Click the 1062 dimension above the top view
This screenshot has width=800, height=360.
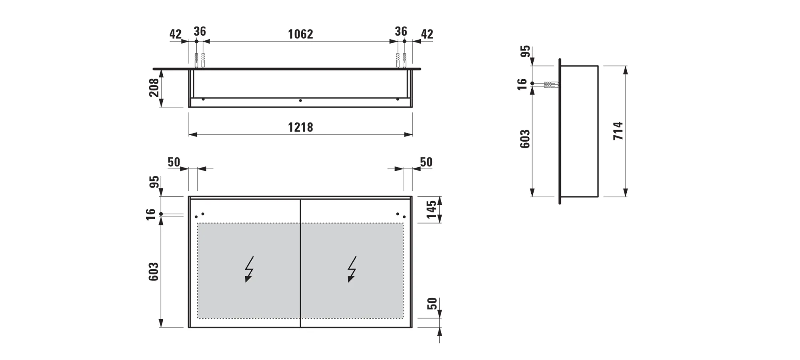300,34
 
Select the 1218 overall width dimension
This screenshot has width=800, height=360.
300,128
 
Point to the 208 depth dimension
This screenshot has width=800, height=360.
154,88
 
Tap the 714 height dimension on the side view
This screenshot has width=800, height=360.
618,131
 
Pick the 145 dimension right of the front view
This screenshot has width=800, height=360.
432,210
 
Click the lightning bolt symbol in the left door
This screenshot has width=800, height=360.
249,269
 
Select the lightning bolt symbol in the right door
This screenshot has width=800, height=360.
352,269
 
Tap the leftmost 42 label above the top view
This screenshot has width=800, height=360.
176,34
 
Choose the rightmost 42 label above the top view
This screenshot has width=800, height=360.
427,34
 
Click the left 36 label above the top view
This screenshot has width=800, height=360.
200,32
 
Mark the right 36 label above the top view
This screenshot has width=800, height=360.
401,32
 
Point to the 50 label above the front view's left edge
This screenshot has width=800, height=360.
174,162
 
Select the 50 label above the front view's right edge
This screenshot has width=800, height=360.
426,162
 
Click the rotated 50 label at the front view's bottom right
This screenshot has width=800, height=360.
432,304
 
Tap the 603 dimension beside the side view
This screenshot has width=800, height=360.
525,139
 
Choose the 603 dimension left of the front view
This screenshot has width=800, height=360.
154,272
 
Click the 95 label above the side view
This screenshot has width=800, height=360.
525,51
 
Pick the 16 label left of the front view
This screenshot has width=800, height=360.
151,214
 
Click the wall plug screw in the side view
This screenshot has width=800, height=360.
551,85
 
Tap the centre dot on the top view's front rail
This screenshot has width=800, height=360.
300,100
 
